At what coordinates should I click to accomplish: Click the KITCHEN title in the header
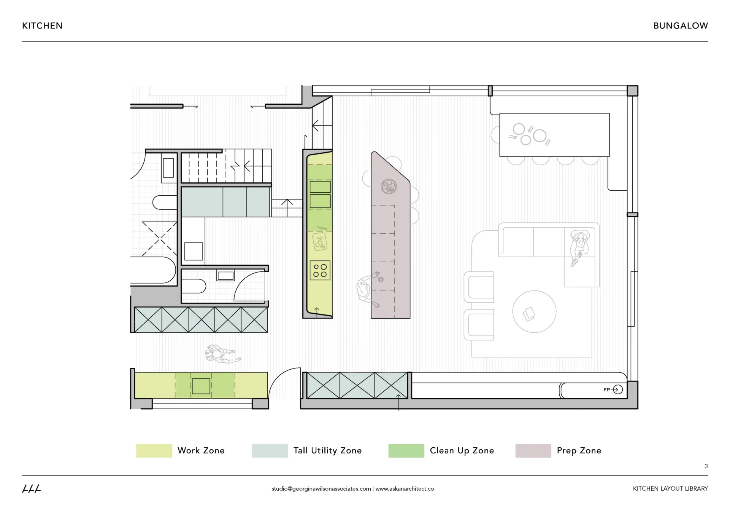(42, 26)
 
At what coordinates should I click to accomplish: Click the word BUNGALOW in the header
(680, 26)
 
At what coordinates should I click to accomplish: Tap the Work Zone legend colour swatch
(154, 450)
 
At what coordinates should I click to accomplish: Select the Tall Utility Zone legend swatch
(270, 450)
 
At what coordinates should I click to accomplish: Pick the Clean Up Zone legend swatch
(406, 450)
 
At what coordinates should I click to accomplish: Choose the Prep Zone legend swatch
(533, 450)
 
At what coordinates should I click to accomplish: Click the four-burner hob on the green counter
(320, 270)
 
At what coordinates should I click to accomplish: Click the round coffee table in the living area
(534, 311)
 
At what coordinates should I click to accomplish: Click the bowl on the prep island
(389, 186)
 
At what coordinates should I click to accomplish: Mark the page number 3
(706, 466)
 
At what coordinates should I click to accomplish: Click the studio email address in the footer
(321, 488)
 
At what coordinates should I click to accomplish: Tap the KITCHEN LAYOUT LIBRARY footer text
(670, 488)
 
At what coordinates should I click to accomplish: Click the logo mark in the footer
(32, 488)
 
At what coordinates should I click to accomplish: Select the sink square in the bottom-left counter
(201, 386)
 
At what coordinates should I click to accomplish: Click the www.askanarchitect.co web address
(405, 488)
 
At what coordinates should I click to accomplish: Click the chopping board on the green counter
(319, 242)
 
